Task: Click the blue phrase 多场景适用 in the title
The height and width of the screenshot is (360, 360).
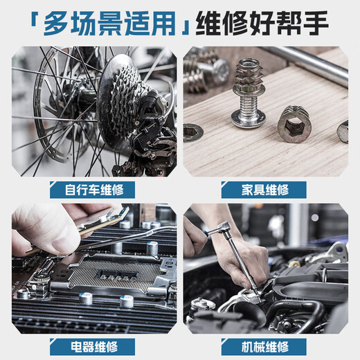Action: point(111,24)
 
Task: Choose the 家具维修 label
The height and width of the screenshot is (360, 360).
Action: point(264,189)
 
